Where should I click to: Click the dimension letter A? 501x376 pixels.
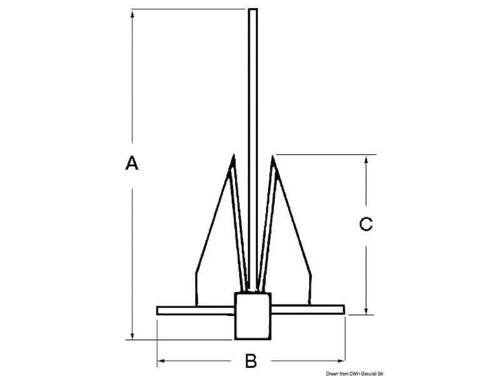click(131, 164)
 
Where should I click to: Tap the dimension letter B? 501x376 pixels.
click(250, 361)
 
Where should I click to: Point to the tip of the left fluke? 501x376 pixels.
click(231, 155)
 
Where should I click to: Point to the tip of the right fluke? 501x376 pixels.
click(273, 155)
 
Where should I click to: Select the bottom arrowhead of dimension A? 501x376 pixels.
click(133, 337)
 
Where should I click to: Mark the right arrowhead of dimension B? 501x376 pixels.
click(341, 360)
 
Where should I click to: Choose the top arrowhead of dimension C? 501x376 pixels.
click(366, 159)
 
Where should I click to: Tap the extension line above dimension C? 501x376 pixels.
click(326, 154)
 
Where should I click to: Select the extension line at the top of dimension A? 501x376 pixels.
click(188, 9)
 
